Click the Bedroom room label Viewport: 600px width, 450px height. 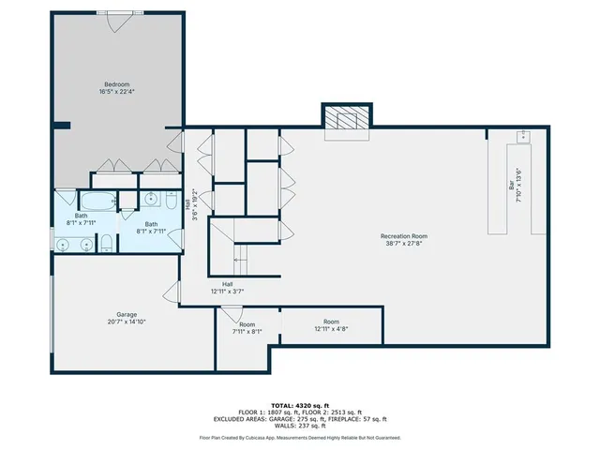coord(116,88)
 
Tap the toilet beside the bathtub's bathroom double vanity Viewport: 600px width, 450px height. coord(106,244)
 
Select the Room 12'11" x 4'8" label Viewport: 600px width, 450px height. coord(331,324)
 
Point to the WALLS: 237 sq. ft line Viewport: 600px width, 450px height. coord(300,427)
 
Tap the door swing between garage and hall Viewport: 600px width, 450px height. coord(172,292)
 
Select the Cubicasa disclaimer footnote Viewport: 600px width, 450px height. coord(300,438)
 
